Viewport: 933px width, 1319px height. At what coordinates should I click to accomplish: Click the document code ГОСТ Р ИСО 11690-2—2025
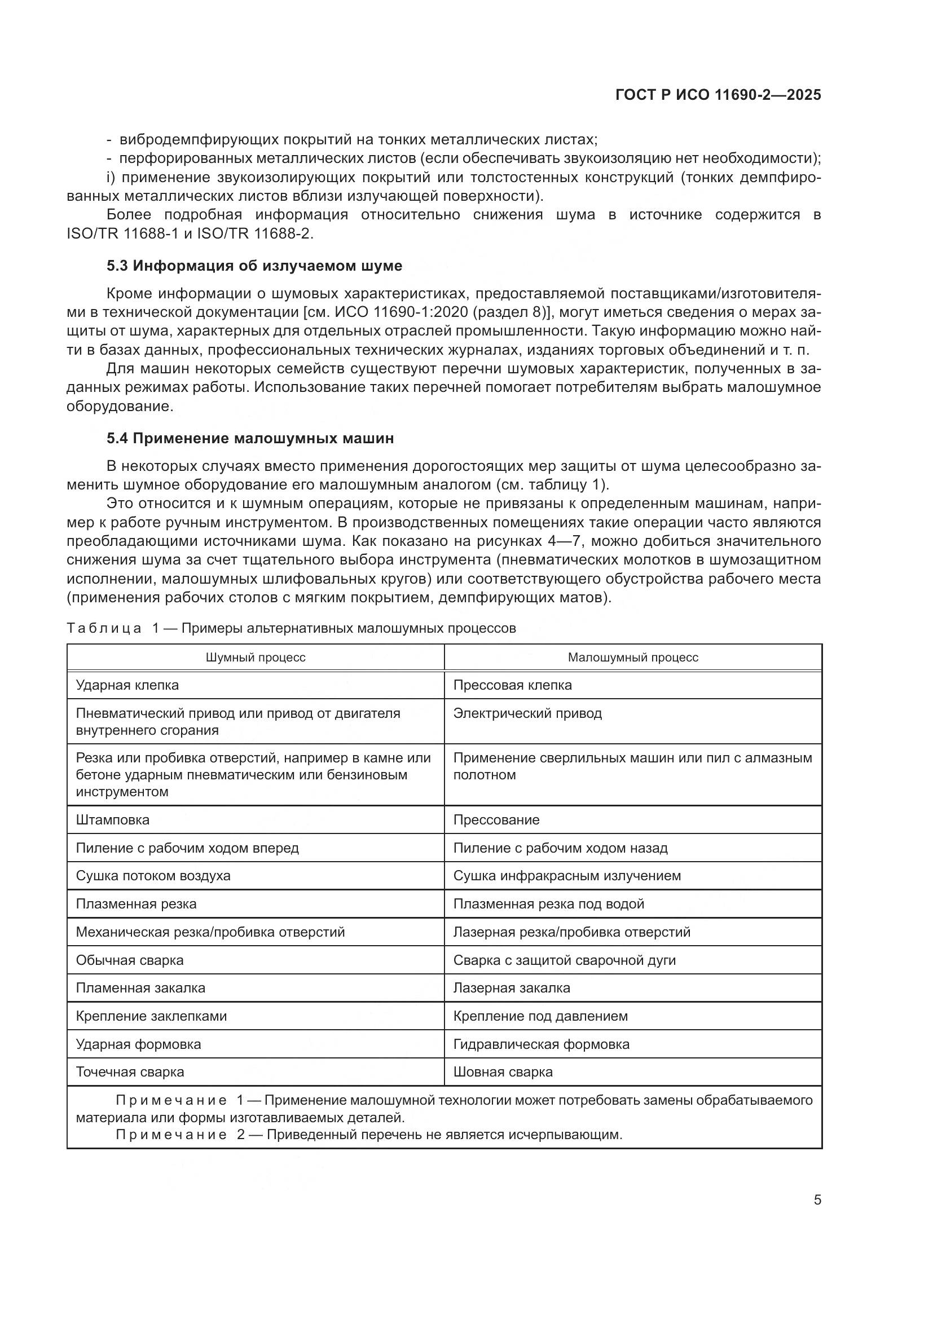coord(718,95)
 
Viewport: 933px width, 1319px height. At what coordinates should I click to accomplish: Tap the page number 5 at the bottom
coord(817,1199)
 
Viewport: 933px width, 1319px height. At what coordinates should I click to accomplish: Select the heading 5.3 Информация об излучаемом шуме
coord(254,266)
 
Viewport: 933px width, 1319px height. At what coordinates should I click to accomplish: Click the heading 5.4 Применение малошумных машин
coord(250,438)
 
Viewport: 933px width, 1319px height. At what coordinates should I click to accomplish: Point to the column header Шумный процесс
coord(256,657)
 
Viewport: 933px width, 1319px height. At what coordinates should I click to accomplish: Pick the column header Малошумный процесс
coord(632,657)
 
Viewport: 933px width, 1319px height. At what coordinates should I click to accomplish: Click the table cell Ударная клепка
coord(127,685)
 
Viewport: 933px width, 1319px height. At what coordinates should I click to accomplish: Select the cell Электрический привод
coord(527,713)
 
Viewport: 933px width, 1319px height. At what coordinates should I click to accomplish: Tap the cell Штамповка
coord(113,819)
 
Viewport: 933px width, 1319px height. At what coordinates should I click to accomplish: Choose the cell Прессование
coord(496,819)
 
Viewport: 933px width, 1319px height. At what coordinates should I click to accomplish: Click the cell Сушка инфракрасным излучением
coord(566,876)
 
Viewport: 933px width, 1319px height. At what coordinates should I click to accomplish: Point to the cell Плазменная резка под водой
coord(548,903)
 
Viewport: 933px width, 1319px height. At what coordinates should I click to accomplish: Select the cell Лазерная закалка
coord(511,987)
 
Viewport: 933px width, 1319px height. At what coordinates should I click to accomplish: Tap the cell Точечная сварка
coord(130,1071)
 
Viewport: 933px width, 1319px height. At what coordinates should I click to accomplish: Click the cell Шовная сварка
coord(503,1071)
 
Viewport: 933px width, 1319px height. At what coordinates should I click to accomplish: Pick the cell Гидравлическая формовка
coord(541,1044)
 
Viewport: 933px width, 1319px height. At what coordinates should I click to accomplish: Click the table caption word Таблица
coord(104,628)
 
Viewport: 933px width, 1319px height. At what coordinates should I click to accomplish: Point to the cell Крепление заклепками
coord(151,1016)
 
